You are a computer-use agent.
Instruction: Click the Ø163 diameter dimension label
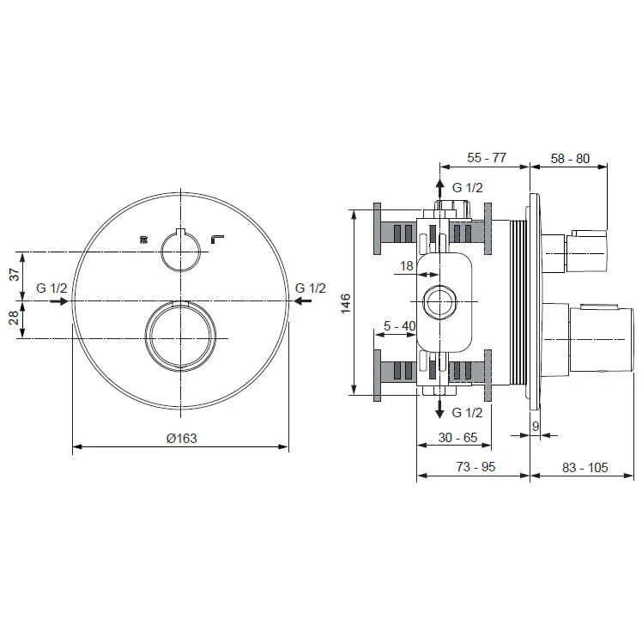point(181,438)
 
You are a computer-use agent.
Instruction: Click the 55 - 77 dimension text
point(486,157)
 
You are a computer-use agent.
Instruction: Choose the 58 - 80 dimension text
point(570,157)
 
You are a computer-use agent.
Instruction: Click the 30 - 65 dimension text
point(457,438)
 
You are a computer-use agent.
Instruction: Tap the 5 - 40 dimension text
point(400,326)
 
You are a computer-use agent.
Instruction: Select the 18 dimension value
point(406,267)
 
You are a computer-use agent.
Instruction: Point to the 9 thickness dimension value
point(536,425)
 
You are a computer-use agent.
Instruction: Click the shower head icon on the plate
point(143,240)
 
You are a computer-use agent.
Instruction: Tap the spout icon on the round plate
point(217,239)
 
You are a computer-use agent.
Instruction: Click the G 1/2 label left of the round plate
point(51,288)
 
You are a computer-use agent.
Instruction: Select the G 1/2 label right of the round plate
point(310,288)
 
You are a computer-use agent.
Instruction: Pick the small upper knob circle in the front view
point(180,251)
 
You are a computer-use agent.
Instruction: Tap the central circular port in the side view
point(441,301)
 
